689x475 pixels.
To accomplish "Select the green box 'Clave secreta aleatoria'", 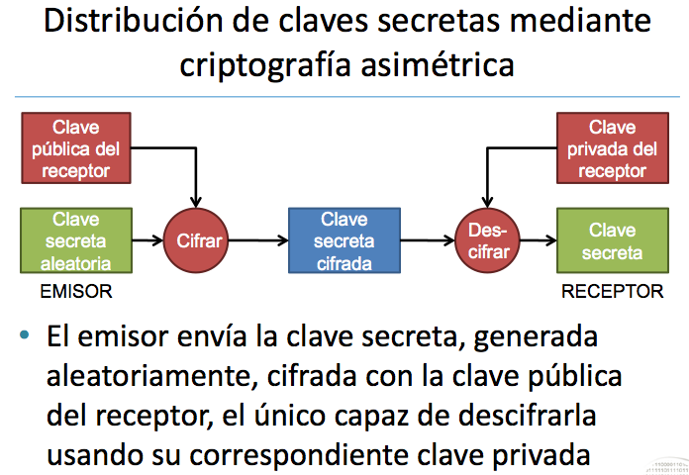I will tap(74, 240).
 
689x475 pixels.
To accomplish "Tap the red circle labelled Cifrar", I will tap(197, 240).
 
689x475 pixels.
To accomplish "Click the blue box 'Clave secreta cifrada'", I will tap(344, 240).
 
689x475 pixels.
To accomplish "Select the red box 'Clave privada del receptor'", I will tap(613, 148).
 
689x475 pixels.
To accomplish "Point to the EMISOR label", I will tap(76, 292).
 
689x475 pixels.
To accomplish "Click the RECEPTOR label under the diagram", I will tap(612, 292).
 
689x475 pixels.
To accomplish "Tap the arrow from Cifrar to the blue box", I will tap(257, 240).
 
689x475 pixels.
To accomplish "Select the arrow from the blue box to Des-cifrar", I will tap(428, 240).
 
